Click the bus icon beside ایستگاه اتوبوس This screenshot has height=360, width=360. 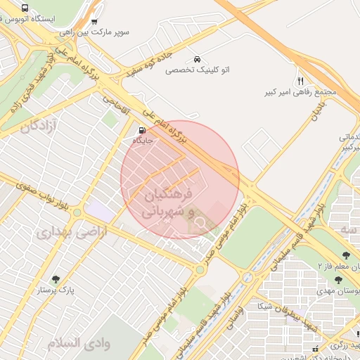(x=25, y=8)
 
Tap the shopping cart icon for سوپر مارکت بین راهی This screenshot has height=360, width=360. (x=94, y=21)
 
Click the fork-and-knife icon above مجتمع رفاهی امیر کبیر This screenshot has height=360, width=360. (x=301, y=81)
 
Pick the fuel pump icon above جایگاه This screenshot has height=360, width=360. (x=143, y=130)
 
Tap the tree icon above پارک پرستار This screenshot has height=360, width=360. (x=56, y=278)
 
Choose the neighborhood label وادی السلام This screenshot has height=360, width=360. (x=79, y=343)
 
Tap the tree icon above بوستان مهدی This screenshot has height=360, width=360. (x=338, y=279)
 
